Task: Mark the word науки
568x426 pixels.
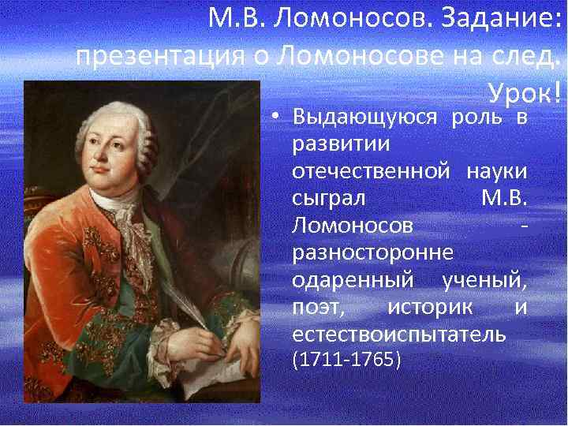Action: (497, 172)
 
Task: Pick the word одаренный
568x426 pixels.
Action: (353, 280)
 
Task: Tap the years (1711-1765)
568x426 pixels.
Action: (346, 361)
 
